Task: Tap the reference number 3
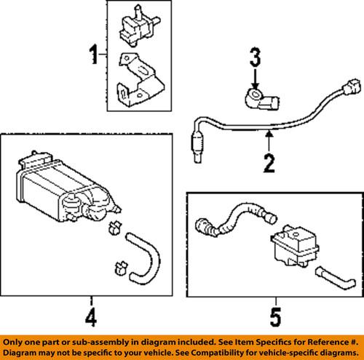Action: [255, 59]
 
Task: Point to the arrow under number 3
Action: [255, 78]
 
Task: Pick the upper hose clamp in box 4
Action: [114, 232]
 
